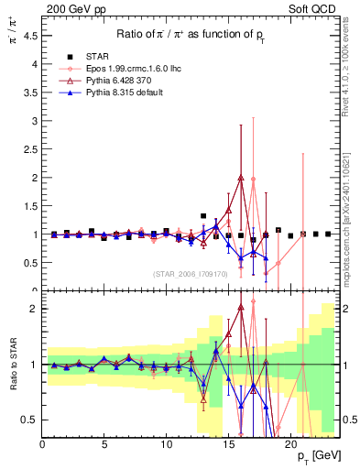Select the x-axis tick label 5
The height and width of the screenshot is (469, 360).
pos(104,444)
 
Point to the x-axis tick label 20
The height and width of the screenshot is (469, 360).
pos(289,444)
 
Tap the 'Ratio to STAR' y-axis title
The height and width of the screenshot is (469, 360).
pos(12,365)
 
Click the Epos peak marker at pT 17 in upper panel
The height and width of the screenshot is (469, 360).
pos(253,180)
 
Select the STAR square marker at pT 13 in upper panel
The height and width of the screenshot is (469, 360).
pos(203,216)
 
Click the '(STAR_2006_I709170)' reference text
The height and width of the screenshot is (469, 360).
pos(190,274)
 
